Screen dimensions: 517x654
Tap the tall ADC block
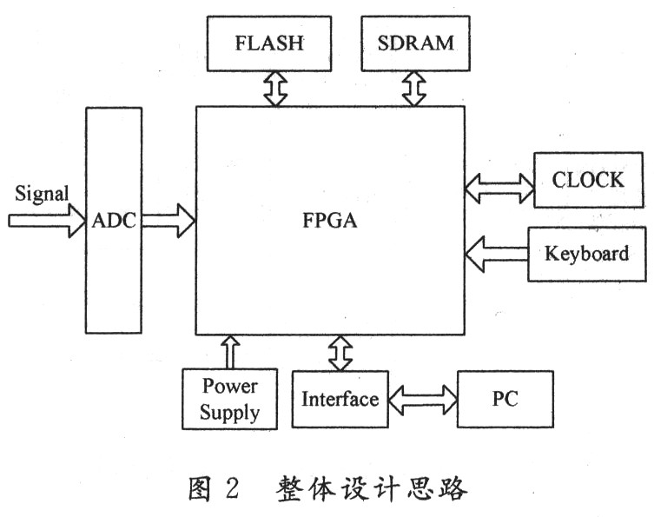(114, 221)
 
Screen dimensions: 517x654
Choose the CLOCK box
(587, 181)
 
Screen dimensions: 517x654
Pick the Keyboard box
(586, 254)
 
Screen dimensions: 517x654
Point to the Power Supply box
(230, 399)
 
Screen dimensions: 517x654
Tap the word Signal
(41, 194)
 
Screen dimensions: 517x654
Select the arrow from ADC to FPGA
(168, 221)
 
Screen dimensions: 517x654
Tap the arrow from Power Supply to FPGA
(230, 351)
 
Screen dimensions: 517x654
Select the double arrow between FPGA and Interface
(339, 352)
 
